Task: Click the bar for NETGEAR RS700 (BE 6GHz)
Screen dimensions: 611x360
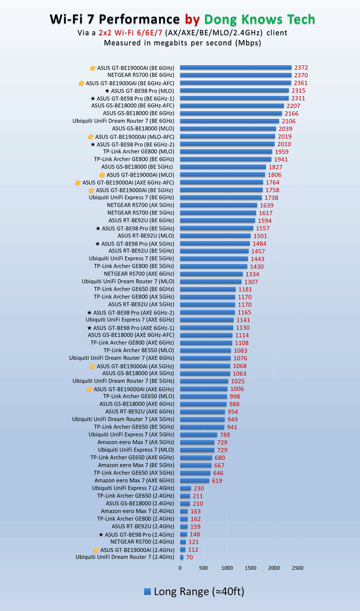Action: (235, 75)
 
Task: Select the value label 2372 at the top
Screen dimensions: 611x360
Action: (301, 68)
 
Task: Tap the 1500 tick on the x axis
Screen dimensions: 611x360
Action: (250, 568)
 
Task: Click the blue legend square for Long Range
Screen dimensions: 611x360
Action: (147, 591)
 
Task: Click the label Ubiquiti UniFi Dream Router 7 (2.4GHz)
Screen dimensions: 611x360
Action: (125, 557)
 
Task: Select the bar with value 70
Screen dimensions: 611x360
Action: (182, 557)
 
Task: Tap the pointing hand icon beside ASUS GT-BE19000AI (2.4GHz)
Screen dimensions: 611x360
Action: (96, 550)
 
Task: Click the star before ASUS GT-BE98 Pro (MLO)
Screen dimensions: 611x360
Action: (107, 91)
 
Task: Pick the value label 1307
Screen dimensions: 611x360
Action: (251, 282)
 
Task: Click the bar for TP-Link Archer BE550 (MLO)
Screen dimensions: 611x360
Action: (205, 350)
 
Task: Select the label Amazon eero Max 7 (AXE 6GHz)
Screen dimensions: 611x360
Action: (134, 481)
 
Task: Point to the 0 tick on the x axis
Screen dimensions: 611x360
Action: (180, 568)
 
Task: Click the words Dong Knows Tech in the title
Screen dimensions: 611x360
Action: (259, 19)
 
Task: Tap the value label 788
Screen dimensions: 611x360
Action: (225, 435)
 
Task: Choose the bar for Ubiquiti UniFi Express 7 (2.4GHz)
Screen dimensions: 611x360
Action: (186, 488)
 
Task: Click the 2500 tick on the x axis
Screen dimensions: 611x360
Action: (297, 568)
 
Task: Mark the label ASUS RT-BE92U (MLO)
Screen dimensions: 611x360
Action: (146, 236)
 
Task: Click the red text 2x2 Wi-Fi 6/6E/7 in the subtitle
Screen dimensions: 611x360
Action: (130, 32)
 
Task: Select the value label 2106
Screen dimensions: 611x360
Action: (288, 121)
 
